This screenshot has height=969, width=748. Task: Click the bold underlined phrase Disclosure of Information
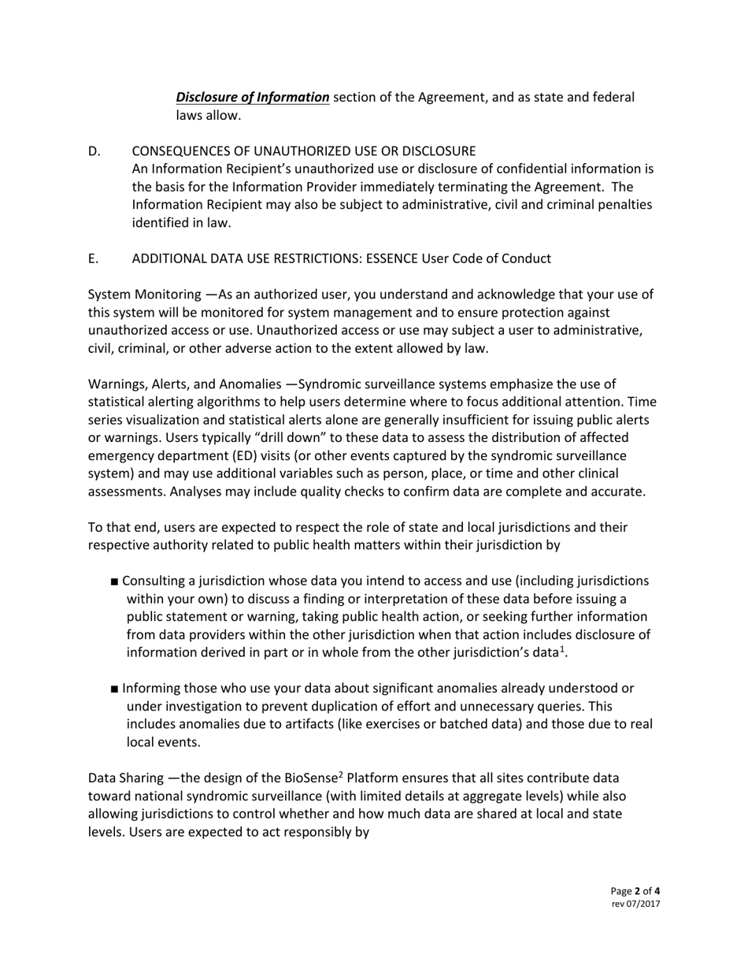point(252,98)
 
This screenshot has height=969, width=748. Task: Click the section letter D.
point(94,151)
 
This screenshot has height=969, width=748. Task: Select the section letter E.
point(93,259)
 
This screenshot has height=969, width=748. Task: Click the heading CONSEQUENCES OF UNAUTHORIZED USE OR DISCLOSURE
point(303,151)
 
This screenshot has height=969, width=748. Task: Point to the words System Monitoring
point(144,295)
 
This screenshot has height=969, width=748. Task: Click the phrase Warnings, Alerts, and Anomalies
point(184,384)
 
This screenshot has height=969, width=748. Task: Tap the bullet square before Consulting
point(116,582)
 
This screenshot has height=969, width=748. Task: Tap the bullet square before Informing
point(116,689)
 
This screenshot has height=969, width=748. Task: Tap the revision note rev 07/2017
point(635,904)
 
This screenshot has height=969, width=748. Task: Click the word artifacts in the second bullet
point(308,725)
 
